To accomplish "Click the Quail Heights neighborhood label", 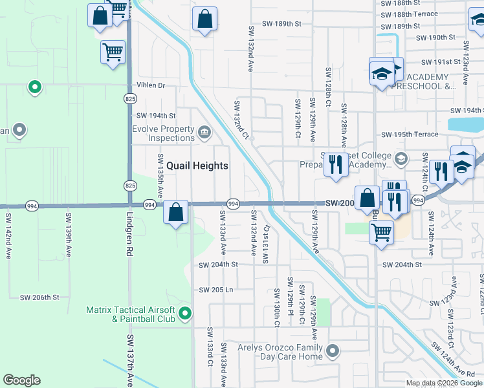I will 197,166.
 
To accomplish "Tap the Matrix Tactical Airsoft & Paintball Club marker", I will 185,314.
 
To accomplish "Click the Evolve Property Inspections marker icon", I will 204,133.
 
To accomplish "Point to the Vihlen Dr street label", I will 151,85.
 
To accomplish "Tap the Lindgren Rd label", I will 129,228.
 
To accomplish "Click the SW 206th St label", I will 39,297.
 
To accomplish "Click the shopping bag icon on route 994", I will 175,211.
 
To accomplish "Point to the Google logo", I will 21,380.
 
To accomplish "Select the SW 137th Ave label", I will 129,360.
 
